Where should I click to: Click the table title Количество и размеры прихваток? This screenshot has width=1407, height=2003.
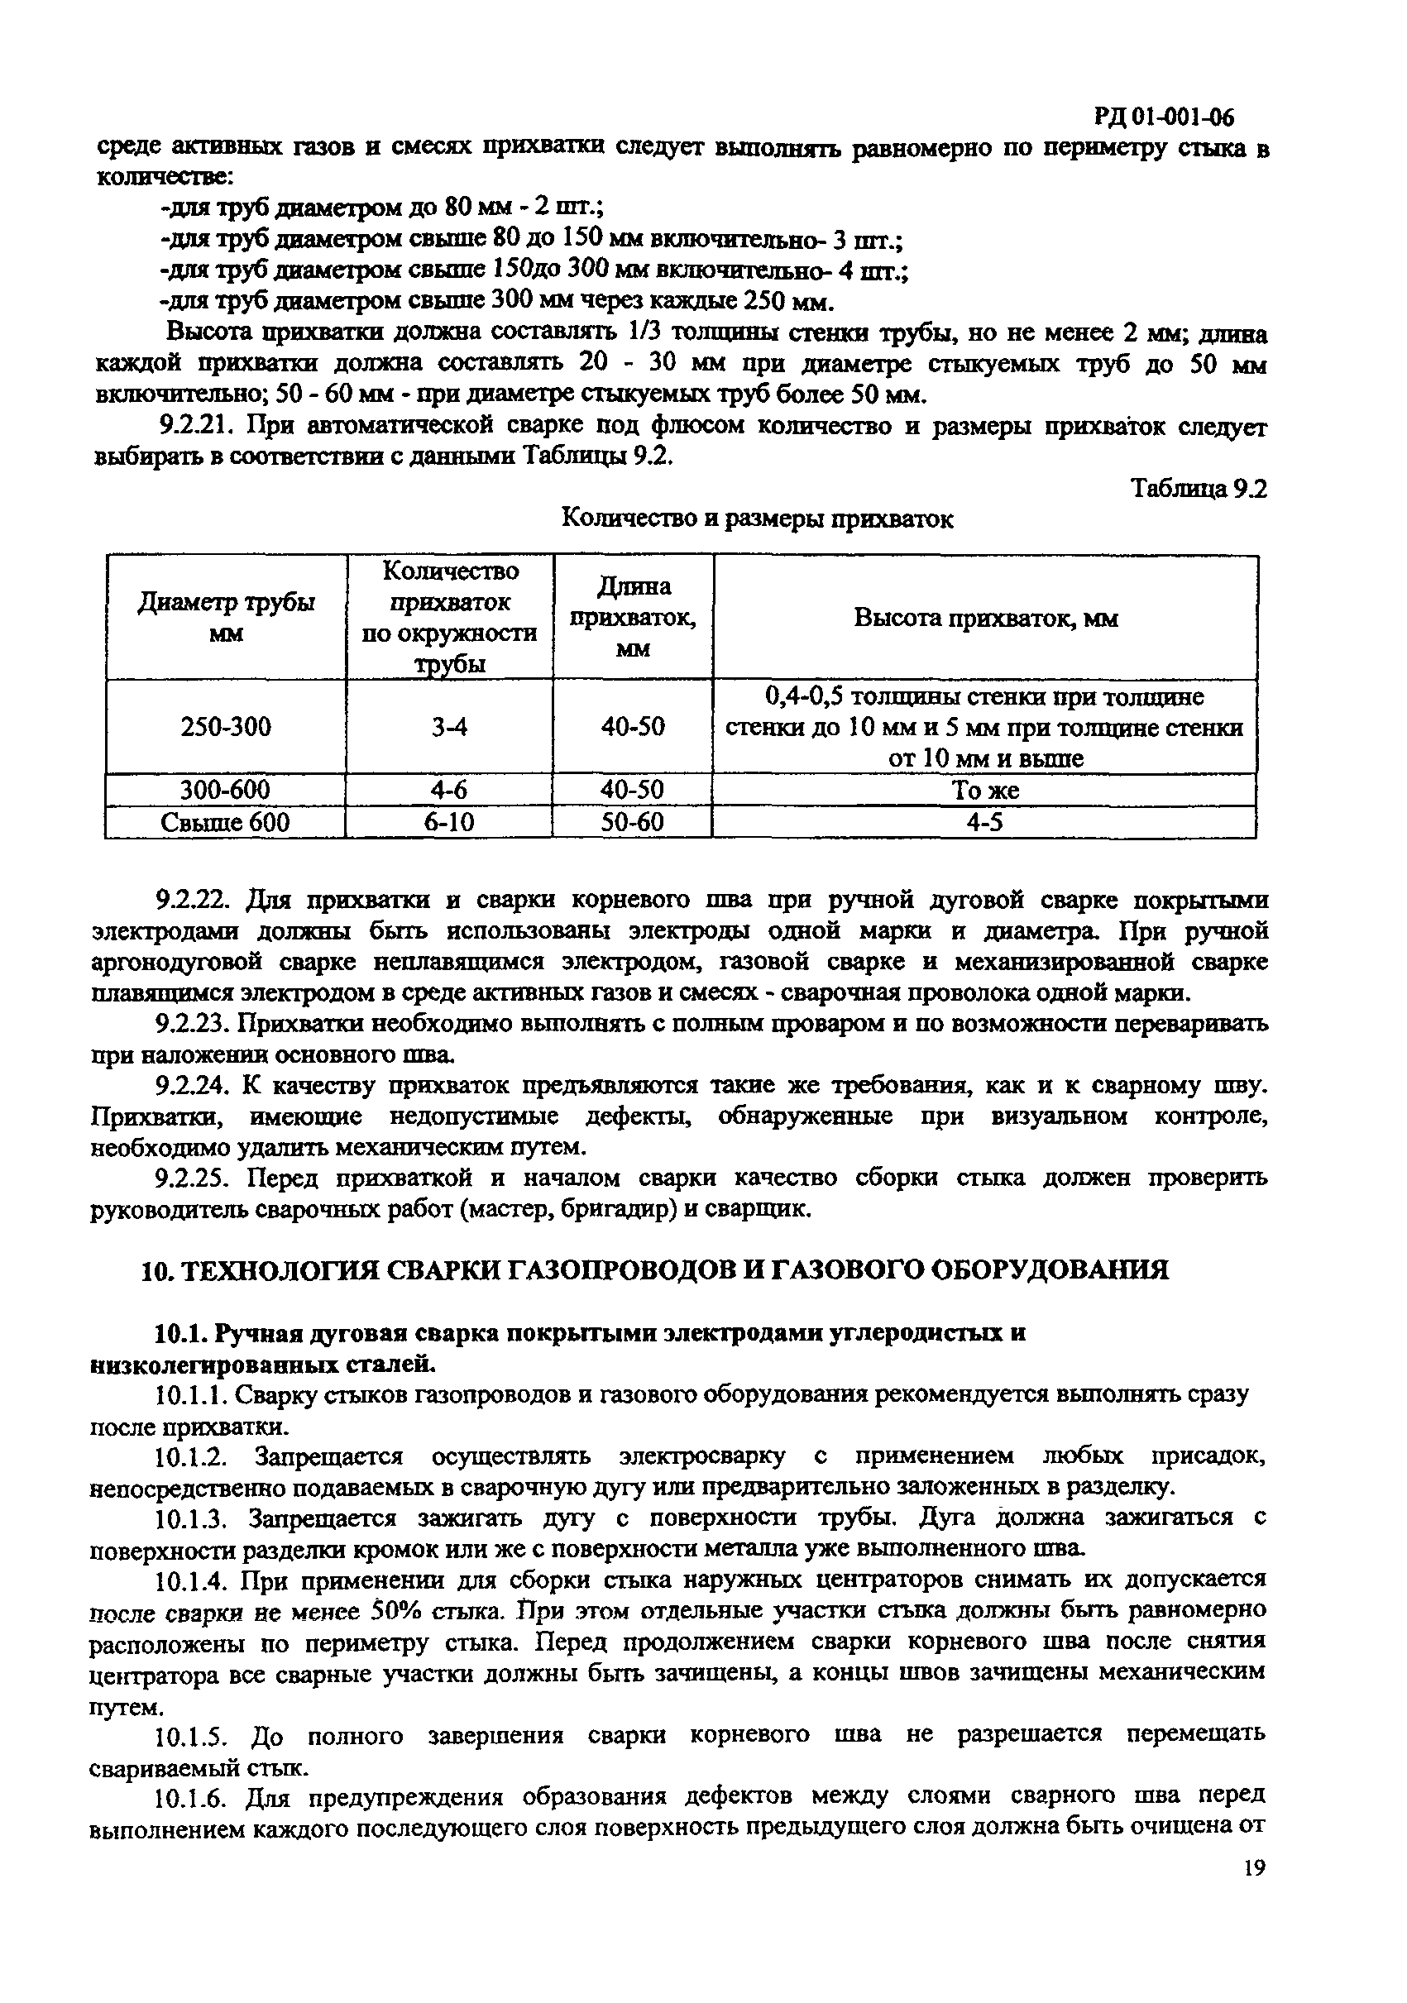(x=756, y=519)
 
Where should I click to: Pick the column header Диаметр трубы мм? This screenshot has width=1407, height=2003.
(x=226, y=618)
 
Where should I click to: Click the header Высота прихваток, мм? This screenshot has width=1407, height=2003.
(x=985, y=619)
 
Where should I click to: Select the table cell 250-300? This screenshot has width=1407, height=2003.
(x=226, y=727)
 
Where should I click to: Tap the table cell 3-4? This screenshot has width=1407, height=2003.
(x=449, y=727)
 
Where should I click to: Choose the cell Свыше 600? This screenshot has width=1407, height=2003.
(x=226, y=823)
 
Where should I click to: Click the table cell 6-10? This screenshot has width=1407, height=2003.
(x=449, y=823)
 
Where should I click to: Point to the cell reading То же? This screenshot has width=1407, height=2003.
(x=985, y=791)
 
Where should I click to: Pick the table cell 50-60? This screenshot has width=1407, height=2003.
(x=633, y=823)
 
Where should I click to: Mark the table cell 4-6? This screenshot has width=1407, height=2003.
(x=449, y=791)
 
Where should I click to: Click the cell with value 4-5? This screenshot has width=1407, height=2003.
(x=985, y=823)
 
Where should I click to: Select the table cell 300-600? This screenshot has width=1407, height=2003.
(x=226, y=791)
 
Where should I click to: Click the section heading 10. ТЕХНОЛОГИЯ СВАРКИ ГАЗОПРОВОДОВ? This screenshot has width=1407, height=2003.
(x=654, y=1269)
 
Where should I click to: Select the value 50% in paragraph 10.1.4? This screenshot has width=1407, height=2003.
(x=398, y=1610)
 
